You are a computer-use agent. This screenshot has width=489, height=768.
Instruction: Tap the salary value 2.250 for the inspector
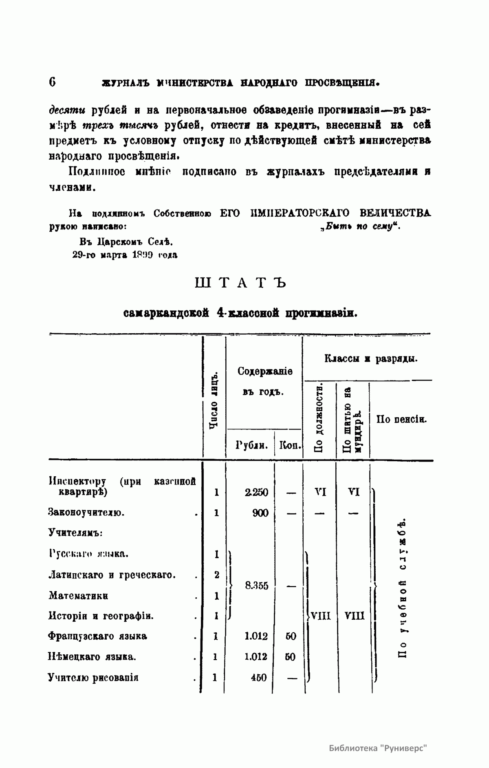[x=257, y=492]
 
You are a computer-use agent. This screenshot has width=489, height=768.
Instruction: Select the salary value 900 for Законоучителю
[x=260, y=513]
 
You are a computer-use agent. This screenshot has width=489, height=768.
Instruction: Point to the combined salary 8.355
[x=257, y=585]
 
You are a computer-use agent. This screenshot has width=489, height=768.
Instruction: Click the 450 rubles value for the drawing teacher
[x=259, y=678]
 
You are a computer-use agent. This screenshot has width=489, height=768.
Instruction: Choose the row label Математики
[x=78, y=596]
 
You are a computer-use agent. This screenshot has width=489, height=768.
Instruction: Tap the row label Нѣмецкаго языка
[x=92, y=657]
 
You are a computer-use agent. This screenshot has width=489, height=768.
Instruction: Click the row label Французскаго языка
[x=97, y=636]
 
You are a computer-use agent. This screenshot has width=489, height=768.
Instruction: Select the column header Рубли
[x=251, y=445]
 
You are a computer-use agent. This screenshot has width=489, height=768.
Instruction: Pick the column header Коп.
[x=290, y=445]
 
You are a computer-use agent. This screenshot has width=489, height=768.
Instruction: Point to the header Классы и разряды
[x=371, y=359]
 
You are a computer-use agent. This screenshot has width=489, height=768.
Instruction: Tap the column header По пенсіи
[x=401, y=419]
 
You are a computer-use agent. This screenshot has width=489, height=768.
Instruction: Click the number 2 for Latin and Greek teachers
[x=216, y=575]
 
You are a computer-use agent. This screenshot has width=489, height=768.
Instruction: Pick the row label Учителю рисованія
[x=93, y=678]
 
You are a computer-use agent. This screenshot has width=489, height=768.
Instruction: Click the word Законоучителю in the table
[x=86, y=513]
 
